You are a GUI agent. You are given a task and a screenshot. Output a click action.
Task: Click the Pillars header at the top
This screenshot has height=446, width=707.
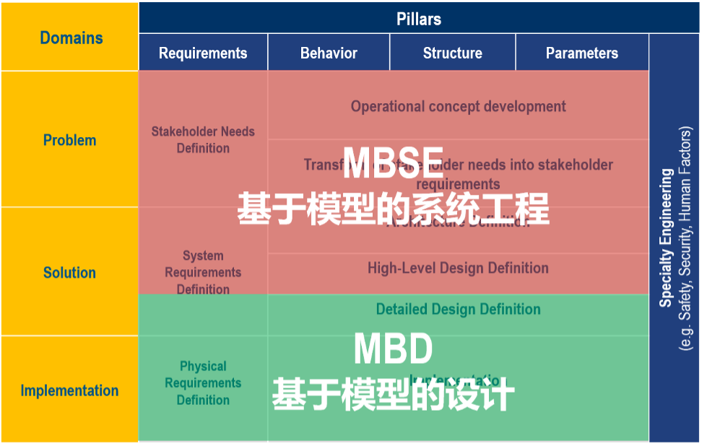(x=418, y=19)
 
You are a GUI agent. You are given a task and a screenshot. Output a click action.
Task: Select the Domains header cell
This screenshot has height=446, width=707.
(x=71, y=38)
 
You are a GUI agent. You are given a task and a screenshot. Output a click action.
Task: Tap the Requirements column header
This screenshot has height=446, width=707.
(x=203, y=53)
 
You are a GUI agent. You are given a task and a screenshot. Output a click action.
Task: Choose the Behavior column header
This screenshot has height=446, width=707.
(x=329, y=53)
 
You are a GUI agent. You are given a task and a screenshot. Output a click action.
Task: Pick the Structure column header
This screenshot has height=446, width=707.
(x=452, y=53)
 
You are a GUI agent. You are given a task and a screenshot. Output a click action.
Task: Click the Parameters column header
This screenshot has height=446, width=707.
(x=581, y=53)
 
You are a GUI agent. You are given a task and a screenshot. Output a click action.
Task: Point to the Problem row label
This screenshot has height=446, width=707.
(x=69, y=140)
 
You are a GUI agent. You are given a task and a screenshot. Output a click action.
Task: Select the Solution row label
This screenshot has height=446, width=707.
(x=69, y=273)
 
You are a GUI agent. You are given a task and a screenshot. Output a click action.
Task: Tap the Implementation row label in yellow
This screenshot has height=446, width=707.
(x=69, y=390)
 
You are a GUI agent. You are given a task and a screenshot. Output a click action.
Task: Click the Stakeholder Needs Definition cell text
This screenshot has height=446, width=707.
(x=203, y=140)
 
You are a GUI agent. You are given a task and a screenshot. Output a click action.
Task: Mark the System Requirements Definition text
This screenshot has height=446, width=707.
(x=203, y=272)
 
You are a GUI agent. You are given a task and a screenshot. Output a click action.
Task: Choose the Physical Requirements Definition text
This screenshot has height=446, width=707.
(x=203, y=382)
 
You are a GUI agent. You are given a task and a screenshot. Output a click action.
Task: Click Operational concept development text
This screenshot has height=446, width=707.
(x=458, y=107)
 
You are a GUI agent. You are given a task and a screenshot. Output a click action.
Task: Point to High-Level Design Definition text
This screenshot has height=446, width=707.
(x=458, y=268)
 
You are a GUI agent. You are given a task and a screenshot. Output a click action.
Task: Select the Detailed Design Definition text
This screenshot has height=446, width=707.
(x=458, y=310)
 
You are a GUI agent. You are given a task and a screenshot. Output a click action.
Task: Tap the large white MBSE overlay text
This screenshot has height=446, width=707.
(x=393, y=163)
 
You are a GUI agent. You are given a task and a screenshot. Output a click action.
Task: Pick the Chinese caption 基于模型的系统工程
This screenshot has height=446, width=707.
(x=393, y=209)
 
